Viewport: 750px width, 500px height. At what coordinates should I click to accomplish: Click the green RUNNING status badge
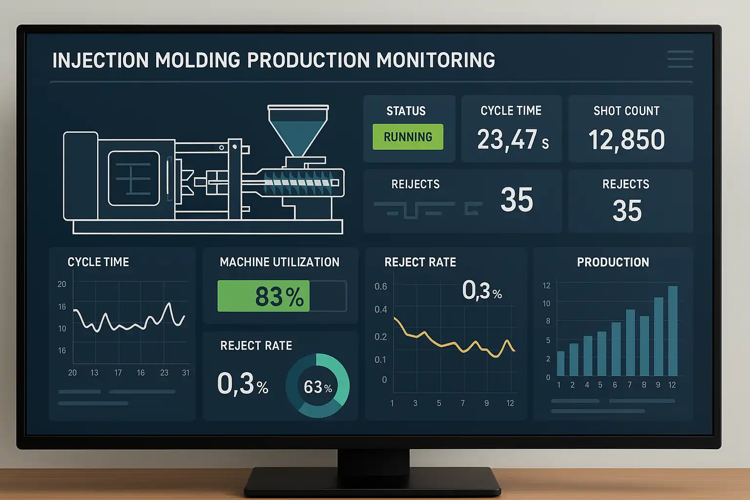click(x=408, y=137)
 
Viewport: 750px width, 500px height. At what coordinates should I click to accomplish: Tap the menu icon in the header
click(x=680, y=59)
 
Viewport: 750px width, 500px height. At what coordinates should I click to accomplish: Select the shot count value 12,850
click(x=626, y=140)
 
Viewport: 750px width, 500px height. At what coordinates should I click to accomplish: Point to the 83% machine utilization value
click(x=279, y=296)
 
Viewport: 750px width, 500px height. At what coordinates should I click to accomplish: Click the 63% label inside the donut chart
click(x=317, y=387)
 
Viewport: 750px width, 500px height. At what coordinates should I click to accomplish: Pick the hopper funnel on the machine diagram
click(x=298, y=129)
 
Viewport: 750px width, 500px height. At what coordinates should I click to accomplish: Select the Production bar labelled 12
click(x=672, y=331)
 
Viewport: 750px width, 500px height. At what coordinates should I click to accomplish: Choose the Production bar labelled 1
click(x=561, y=363)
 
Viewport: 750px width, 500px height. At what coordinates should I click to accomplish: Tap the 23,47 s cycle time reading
click(x=512, y=140)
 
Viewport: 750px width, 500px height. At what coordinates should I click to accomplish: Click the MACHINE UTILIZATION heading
click(x=279, y=262)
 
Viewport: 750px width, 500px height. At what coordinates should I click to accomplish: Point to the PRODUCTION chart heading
click(x=613, y=262)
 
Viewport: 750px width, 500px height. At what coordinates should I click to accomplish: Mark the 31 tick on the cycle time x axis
click(x=186, y=373)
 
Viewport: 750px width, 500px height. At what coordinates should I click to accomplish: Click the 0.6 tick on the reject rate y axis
click(x=381, y=286)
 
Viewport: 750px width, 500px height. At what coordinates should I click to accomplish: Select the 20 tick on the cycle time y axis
click(x=62, y=284)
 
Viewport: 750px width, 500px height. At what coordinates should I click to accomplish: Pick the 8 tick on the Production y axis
click(x=548, y=321)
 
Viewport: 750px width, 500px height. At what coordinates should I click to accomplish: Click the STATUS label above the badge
click(x=406, y=111)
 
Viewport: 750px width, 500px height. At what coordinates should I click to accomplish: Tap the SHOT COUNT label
click(x=626, y=111)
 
